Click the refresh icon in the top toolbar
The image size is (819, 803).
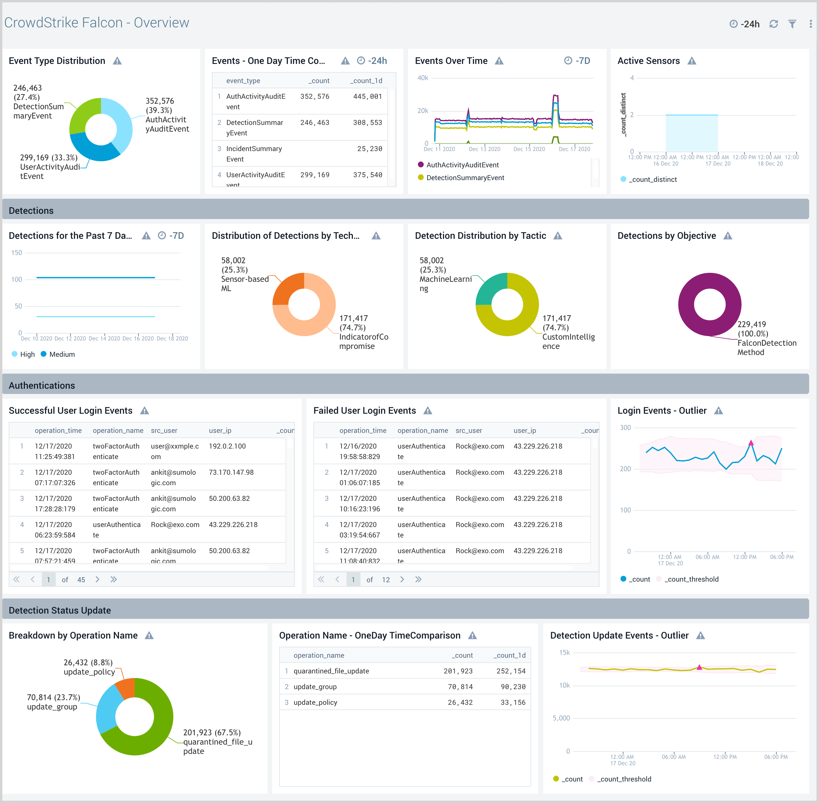[773, 24]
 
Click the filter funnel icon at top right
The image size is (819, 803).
[792, 24]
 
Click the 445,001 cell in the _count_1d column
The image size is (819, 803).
[367, 96]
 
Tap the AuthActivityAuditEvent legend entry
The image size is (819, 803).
[462, 165]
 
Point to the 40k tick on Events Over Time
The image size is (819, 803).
[423, 78]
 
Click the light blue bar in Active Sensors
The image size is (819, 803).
[691, 133]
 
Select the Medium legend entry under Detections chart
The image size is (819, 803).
[62, 354]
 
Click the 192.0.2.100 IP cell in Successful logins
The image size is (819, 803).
[227, 446]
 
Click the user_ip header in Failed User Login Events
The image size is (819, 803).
[524, 431]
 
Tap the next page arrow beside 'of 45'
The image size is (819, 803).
[97, 580]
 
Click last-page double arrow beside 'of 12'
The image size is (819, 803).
[418, 580]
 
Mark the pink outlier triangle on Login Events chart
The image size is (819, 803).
[751, 443]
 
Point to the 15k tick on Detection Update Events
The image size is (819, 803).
[564, 653]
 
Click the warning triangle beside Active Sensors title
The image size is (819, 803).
[692, 61]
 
